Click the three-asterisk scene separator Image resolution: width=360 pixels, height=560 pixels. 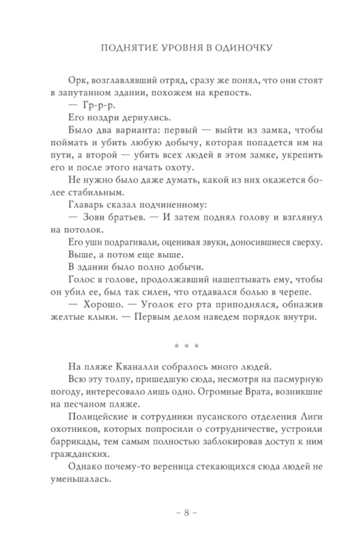pyautogui.click(x=186, y=346)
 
